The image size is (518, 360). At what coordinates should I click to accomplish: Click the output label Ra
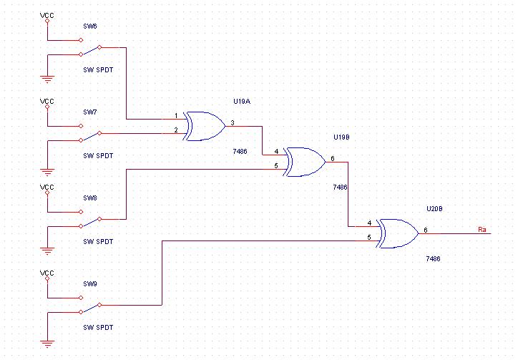coord(482,230)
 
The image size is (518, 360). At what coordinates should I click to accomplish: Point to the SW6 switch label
coord(90,26)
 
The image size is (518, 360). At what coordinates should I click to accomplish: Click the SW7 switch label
coord(90,112)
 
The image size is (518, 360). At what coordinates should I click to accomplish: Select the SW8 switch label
coord(90,198)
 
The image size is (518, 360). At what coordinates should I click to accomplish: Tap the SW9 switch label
coord(90,284)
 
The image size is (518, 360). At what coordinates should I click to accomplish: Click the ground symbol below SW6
coord(47,79)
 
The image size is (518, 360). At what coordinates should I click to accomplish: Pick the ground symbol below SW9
coord(47,344)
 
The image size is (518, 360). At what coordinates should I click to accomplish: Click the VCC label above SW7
coord(47,101)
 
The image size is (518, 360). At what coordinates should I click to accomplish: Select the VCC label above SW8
coord(47,187)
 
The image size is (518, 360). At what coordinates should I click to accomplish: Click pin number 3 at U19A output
coord(233,123)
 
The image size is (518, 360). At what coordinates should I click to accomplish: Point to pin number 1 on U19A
coord(176,116)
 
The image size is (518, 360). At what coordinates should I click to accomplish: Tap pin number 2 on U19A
coord(176,130)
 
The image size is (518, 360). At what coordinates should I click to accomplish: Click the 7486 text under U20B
coord(433,258)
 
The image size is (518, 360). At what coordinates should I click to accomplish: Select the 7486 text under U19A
coord(240,152)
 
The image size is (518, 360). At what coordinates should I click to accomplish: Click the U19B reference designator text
coord(341,137)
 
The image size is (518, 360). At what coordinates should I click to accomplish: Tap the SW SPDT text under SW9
coord(98,327)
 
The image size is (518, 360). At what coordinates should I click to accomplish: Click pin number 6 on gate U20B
coord(426,230)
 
